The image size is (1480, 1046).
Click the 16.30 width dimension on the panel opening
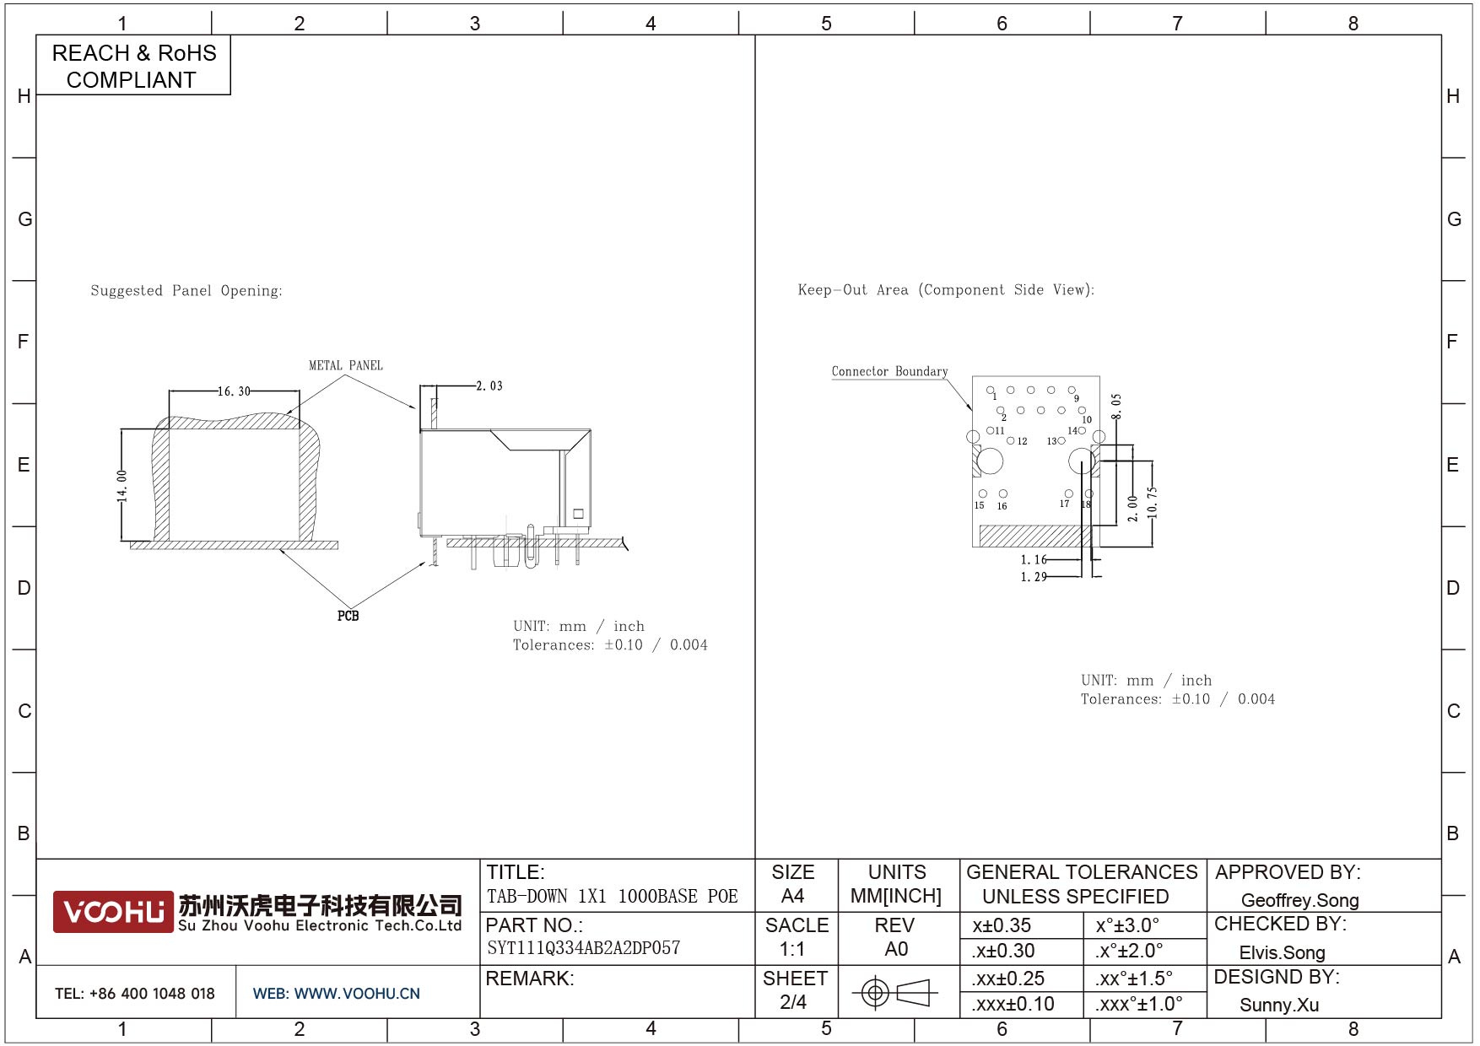(x=234, y=391)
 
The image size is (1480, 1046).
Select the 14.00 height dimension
(x=122, y=486)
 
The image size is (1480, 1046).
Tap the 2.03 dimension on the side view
(x=489, y=386)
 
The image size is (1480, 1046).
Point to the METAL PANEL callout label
(x=346, y=365)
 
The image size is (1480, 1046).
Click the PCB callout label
(x=348, y=616)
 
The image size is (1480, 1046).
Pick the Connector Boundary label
(x=889, y=371)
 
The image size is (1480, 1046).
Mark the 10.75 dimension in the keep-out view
(x=1153, y=502)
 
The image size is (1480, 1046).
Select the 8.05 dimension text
(x=1116, y=407)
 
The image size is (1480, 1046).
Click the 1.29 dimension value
(x=1034, y=577)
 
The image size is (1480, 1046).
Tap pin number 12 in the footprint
(x=1022, y=441)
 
